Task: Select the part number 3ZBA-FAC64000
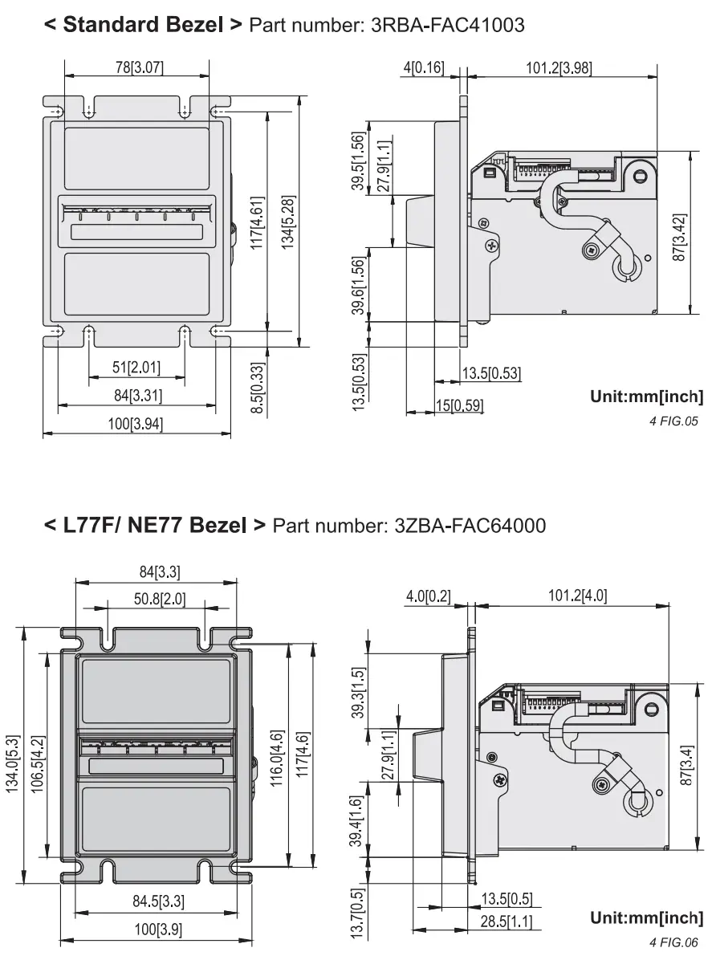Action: [x=470, y=526]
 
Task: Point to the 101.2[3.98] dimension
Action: [x=559, y=68]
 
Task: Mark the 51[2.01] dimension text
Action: [x=136, y=368]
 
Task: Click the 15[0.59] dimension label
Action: [x=460, y=405]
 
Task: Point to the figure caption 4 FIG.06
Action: [x=674, y=942]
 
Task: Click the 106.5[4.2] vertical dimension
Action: [x=38, y=766]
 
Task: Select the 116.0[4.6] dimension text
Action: [x=275, y=759]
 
